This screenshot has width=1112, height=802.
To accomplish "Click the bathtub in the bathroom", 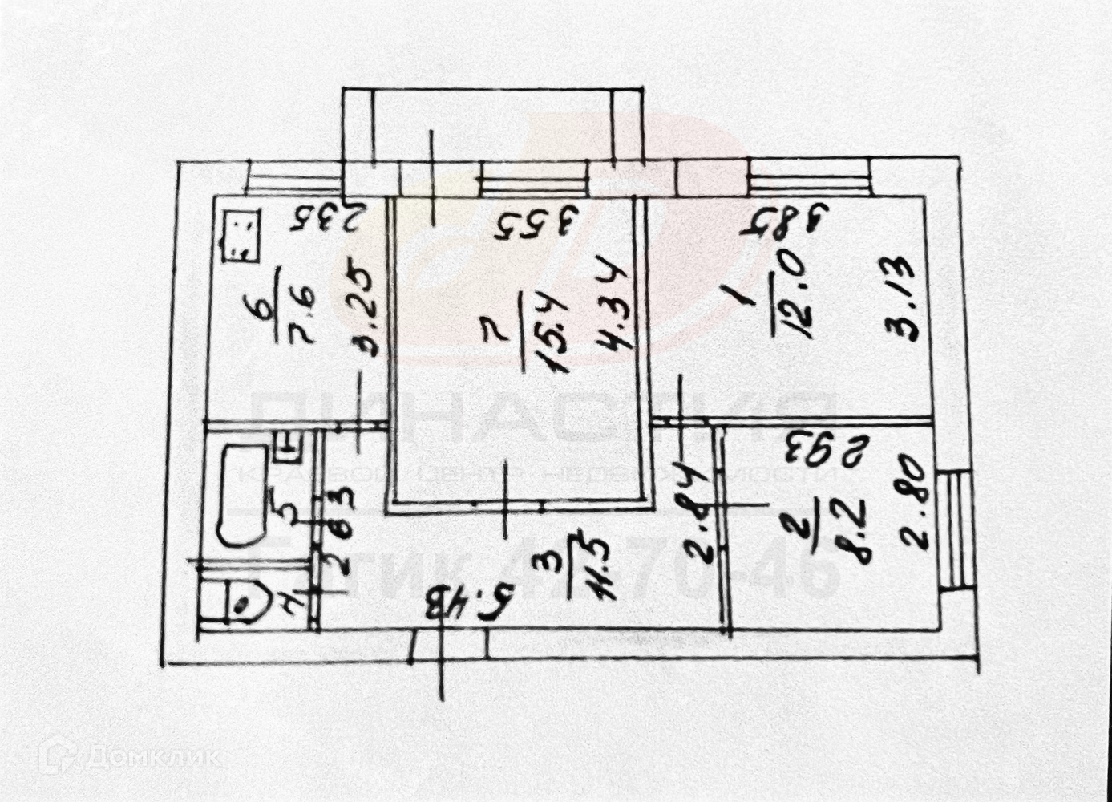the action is pyautogui.click(x=237, y=496).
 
